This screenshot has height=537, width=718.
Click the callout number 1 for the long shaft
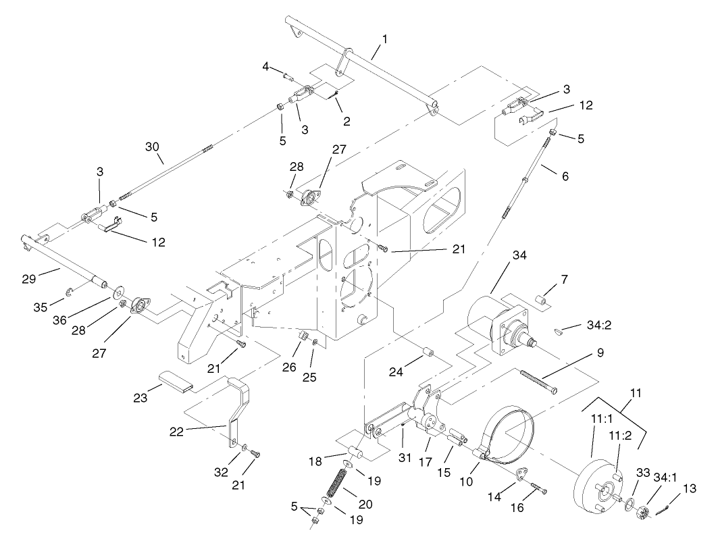click(x=384, y=39)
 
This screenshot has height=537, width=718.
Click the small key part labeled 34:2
click(x=556, y=331)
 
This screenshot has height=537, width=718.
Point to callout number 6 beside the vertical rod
click(x=565, y=176)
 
